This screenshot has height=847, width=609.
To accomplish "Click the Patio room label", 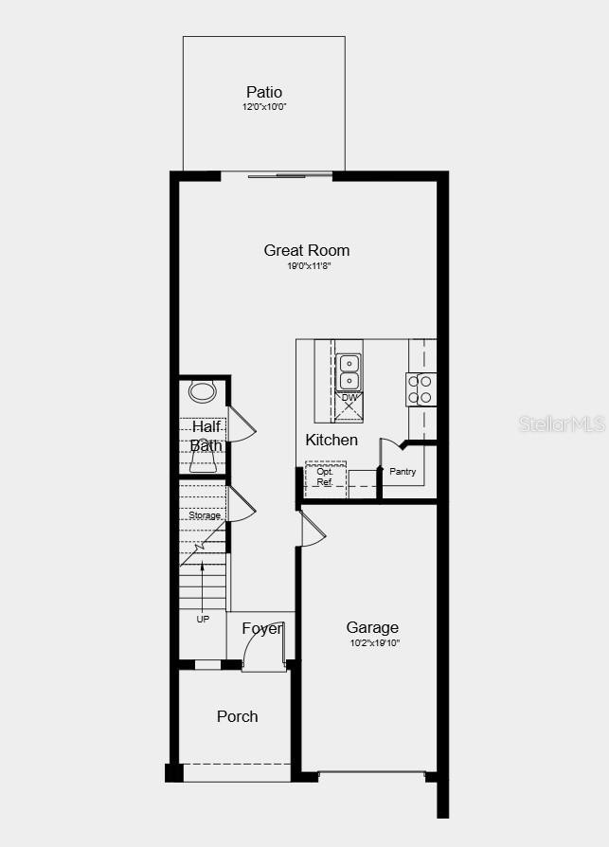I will tap(264, 92).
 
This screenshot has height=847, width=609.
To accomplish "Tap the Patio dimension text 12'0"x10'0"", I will tap(264, 107).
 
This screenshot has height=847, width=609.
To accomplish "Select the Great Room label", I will tap(307, 250).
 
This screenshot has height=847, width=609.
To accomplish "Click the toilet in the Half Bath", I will tap(202, 391).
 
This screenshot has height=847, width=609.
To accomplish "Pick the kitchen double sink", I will tap(349, 371).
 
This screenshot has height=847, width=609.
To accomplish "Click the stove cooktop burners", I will tap(421, 389).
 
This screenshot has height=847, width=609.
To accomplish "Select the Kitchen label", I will tap(331, 440).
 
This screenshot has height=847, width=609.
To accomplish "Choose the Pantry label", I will tap(403, 471).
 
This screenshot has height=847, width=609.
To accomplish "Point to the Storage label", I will tap(205, 515).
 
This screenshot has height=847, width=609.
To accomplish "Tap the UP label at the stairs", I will tap(203, 619).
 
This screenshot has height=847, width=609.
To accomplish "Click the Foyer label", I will tap(261, 628).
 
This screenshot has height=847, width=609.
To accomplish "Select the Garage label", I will tap(372, 627).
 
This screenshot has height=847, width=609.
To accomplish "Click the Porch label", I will tap(237, 716).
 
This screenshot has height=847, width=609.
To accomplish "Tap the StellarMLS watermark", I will tap(562, 423).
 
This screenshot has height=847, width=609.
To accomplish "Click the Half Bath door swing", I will tap(241, 425).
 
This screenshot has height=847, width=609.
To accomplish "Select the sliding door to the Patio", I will tap(278, 175).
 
